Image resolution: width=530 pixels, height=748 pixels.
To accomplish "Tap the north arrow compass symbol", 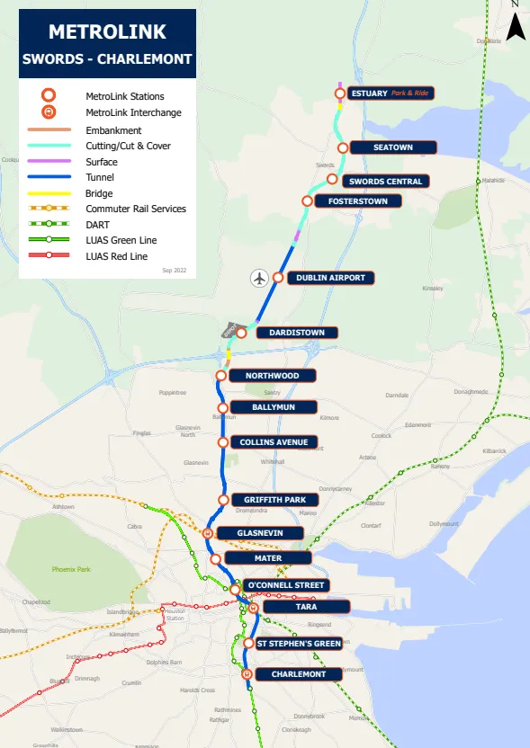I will [516, 26].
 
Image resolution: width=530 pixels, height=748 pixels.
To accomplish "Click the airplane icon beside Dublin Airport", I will [260, 278].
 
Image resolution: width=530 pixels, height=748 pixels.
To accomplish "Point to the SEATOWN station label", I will [393, 147].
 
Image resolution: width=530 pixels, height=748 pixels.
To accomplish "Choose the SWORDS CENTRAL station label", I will [385, 182].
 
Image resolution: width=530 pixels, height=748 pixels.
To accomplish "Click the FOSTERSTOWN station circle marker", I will [308, 200].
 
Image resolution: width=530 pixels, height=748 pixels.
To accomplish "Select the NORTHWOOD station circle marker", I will [221, 376].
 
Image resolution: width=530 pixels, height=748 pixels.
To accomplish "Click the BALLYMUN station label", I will [274, 407].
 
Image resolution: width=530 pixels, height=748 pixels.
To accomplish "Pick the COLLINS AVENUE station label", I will [274, 442].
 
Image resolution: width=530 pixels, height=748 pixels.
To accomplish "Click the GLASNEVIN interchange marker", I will [208, 533].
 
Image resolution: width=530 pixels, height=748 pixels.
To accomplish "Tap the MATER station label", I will [267, 558].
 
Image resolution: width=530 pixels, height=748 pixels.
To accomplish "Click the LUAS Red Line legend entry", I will [116, 256].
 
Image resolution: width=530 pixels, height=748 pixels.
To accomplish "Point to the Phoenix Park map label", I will [71, 569].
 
